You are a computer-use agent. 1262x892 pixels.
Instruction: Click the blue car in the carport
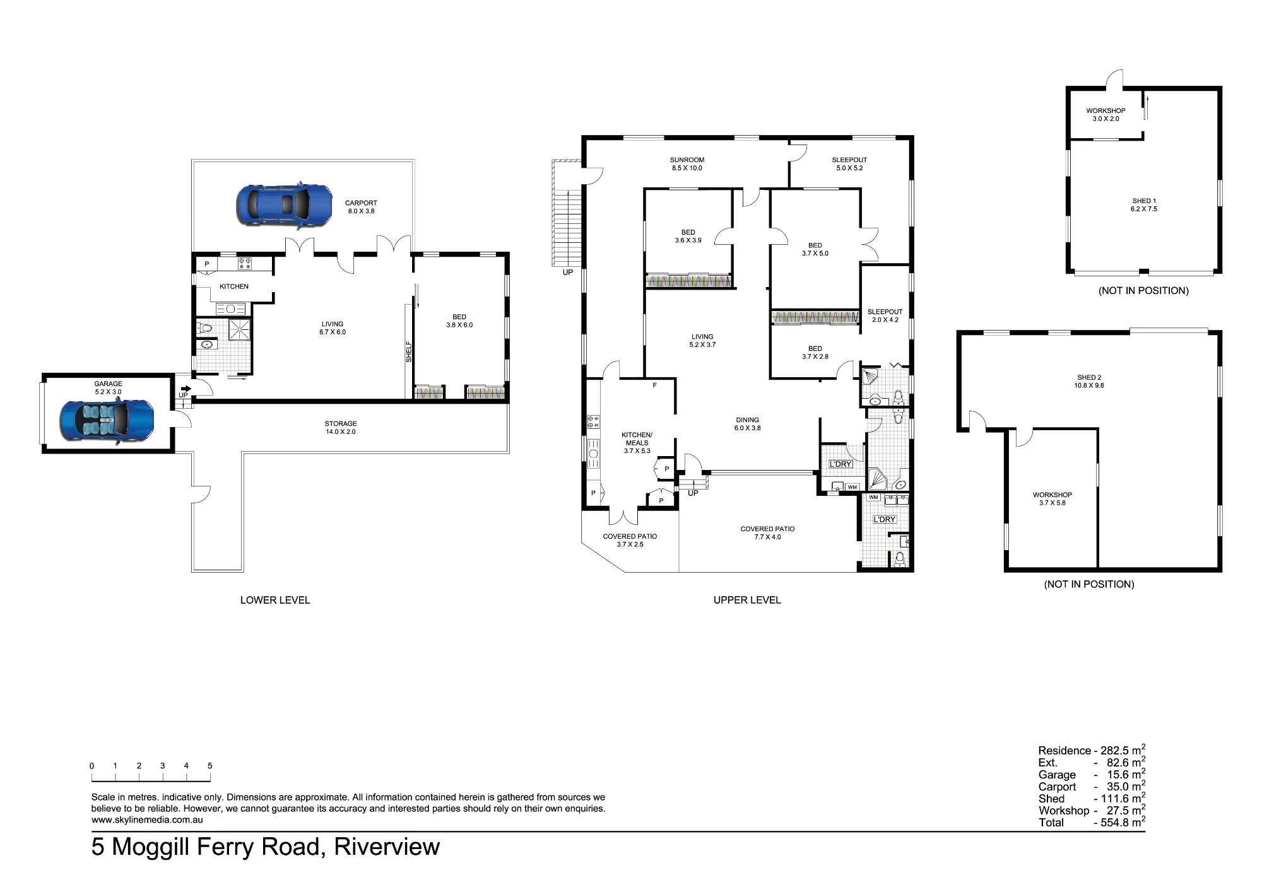(x=284, y=204)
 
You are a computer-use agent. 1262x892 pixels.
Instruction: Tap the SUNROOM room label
(x=687, y=160)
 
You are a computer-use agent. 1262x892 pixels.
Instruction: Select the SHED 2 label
(x=1090, y=378)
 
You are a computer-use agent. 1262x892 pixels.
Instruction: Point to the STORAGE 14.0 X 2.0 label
(x=341, y=428)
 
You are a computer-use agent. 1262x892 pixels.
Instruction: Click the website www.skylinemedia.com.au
(x=147, y=820)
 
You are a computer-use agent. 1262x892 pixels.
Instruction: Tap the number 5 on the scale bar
(x=210, y=766)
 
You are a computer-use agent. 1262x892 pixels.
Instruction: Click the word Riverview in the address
(x=387, y=847)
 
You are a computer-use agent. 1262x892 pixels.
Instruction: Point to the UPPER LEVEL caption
(x=747, y=600)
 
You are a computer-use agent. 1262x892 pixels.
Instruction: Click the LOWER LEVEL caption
(x=275, y=600)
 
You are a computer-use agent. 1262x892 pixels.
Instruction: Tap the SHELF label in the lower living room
(x=409, y=351)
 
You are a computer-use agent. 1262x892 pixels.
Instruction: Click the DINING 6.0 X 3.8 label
(x=748, y=424)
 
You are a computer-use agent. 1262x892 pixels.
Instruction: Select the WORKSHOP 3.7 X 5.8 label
(x=1053, y=499)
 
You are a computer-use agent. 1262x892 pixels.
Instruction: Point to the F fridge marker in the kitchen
(x=655, y=385)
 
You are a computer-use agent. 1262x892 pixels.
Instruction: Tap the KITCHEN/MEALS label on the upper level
(x=637, y=438)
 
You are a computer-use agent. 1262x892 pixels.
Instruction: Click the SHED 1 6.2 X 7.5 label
(x=1145, y=205)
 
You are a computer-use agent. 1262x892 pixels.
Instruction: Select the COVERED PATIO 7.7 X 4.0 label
(x=768, y=533)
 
